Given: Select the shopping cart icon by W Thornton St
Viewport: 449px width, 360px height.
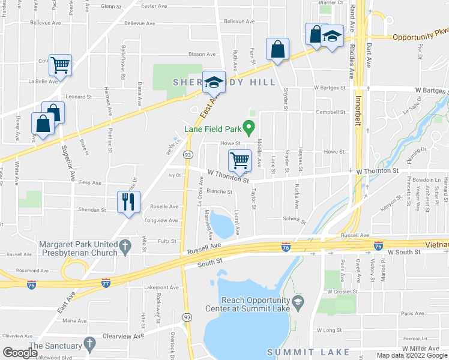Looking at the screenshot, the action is (240, 160).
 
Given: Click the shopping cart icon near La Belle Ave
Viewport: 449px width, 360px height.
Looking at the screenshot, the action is (61, 65).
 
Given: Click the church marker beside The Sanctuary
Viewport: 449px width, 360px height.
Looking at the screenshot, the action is (89, 344).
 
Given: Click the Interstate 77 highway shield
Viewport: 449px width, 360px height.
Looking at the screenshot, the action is (106, 282).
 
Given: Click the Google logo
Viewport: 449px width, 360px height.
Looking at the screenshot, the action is (19, 353).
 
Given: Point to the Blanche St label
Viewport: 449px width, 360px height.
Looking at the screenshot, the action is (219, 192).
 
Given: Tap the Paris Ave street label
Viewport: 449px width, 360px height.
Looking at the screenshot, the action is (412, 313).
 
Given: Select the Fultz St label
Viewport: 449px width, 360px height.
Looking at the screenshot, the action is (167, 241).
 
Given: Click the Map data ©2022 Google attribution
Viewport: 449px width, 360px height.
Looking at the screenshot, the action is (410, 355).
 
